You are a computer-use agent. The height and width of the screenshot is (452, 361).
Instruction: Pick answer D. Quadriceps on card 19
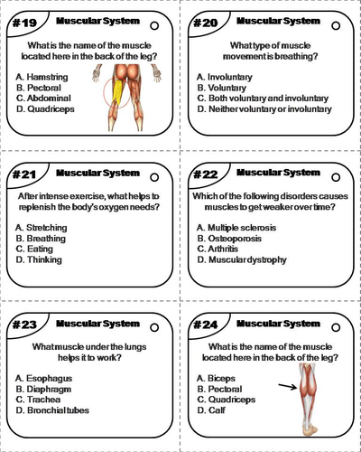45,108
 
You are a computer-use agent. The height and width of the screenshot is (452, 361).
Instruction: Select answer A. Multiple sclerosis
241,227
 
